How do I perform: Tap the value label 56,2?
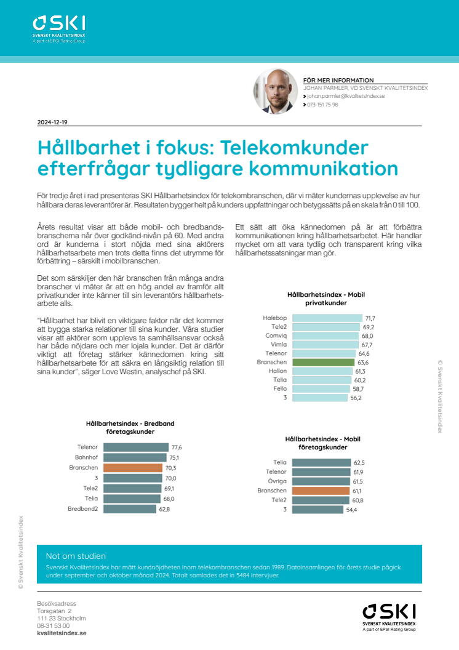(373, 398)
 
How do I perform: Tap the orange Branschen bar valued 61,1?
(321, 491)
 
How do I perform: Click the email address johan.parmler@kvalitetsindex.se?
(346, 97)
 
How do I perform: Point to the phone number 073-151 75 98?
(324, 105)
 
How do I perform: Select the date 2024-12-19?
(52, 122)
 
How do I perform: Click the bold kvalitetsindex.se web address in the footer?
(62, 633)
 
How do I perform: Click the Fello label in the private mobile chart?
(281, 389)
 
